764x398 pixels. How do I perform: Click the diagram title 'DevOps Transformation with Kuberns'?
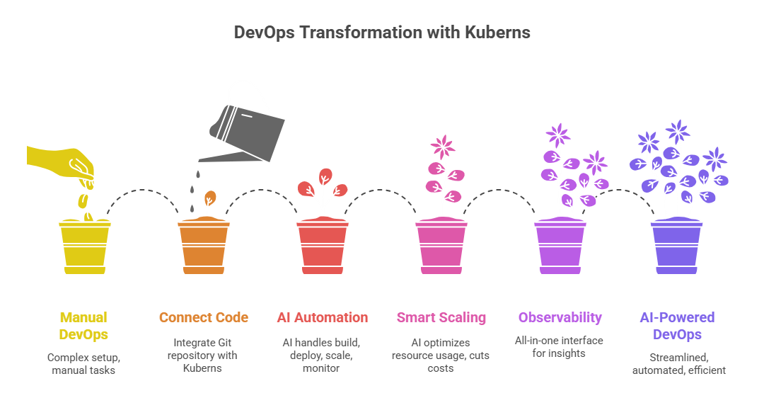tap(382, 33)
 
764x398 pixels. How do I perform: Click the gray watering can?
tap(249, 127)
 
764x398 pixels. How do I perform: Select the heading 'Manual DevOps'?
tap(84, 326)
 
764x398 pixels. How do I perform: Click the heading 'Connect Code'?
tap(203, 317)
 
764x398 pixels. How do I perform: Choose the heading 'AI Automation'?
tap(323, 317)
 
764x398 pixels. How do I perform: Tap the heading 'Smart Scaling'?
tap(441, 317)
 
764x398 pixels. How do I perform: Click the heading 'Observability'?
tap(559, 317)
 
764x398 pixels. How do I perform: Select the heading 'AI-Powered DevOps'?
tap(678, 326)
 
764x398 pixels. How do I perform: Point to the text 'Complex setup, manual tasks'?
tap(84, 363)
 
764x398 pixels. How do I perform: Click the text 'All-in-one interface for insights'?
tap(559, 347)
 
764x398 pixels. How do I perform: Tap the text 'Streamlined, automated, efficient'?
tap(678, 363)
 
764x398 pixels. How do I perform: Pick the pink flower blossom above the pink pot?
tap(444, 146)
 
